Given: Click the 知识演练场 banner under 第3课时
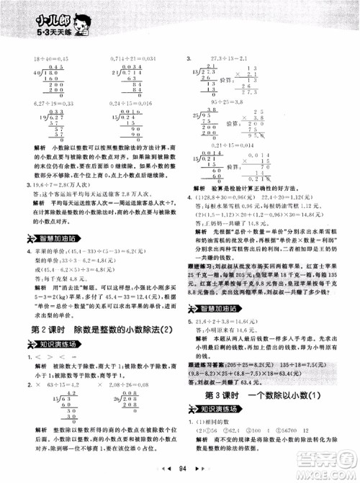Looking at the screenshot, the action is (x=220, y=390).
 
